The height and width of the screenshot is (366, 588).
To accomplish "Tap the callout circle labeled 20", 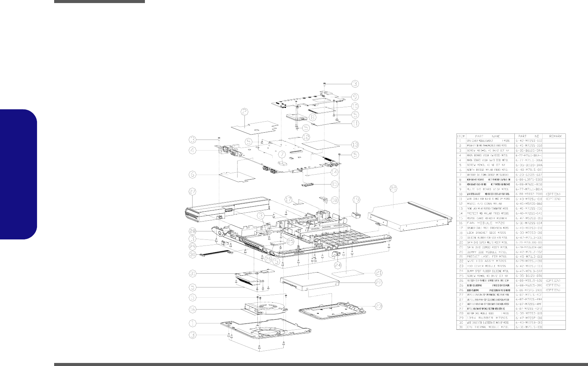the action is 394,188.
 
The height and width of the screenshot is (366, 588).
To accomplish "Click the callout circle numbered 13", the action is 355,144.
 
